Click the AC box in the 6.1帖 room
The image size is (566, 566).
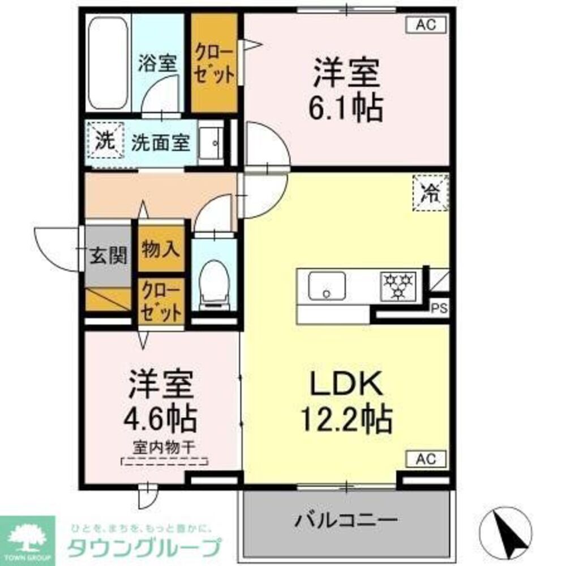[x=427, y=24]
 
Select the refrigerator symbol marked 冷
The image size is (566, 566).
[x=431, y=194]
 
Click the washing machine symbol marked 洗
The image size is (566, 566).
[x=105, y=141]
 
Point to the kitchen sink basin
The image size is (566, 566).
[x=327, y=286]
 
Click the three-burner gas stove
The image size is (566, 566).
[x=400, y=285]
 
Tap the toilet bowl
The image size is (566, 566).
[x=213, y=282]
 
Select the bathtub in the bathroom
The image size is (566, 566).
[x=108, y=64]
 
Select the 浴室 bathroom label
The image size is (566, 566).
[x=158, y=63]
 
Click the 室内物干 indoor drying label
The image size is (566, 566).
[x=164, y=447]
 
